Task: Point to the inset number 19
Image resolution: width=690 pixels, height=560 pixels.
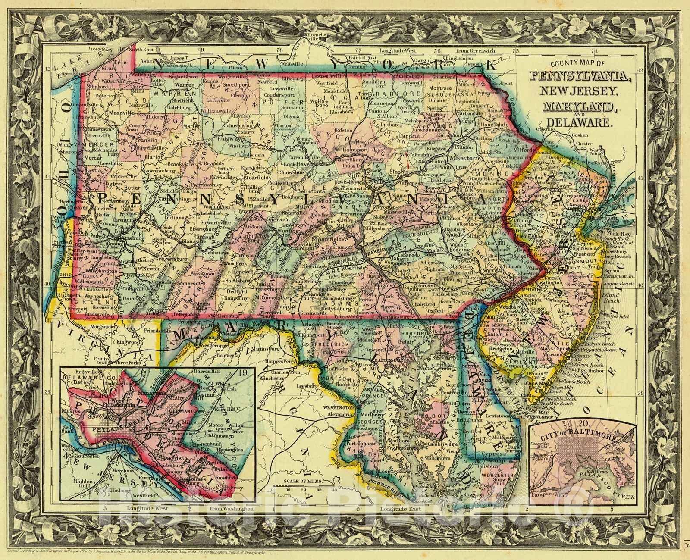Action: tap(246, 373)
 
